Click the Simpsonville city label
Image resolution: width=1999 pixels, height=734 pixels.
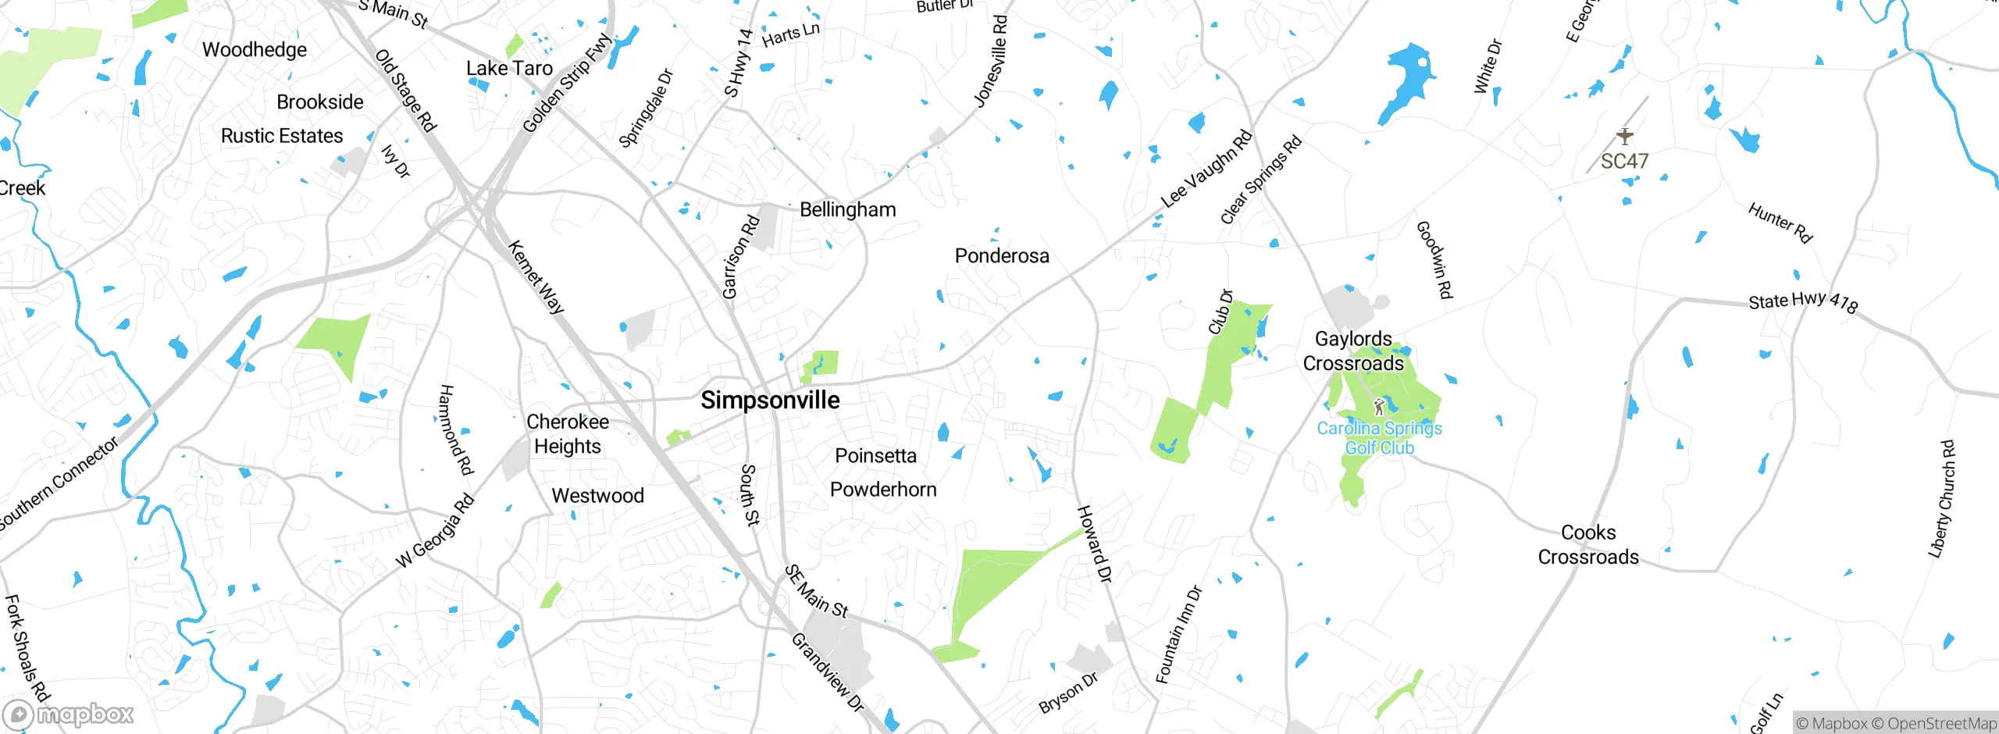click(x=770, y=400)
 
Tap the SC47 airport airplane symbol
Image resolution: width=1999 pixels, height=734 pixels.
click(x=1625, y=137)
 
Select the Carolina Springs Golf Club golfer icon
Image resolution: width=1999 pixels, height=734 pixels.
click(x=1379, y=407)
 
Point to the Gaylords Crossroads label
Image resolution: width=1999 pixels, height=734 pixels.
click(x=1353, y=351)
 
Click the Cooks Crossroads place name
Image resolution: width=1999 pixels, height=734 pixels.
click(x=1588, y=544)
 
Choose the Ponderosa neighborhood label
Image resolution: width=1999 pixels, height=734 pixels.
click(x=1002, y=256)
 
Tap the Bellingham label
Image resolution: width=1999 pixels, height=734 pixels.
click(x=848, y=209)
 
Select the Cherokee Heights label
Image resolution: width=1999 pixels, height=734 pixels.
click(x=568, y=434)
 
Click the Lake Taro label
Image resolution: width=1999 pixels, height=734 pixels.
click(x=509, y=69)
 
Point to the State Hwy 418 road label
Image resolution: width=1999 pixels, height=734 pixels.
click(x=1803, y=301)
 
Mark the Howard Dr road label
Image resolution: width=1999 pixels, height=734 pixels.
click(x=1094, y=543)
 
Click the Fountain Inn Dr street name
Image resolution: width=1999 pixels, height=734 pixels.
click(x=1179, y=634)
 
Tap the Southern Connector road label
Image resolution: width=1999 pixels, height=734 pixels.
click(x=59, y=483)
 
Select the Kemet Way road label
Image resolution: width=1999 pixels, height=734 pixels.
click(x=536, y=277)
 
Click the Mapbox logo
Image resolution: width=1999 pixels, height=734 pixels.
click(x=69, y=714)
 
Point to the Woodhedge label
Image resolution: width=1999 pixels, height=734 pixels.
click(x=255, y=50)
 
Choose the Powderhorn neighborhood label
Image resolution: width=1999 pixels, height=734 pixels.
click(x=883, y=490)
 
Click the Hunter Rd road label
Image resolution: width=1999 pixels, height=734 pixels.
click(x=1780, y=223)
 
